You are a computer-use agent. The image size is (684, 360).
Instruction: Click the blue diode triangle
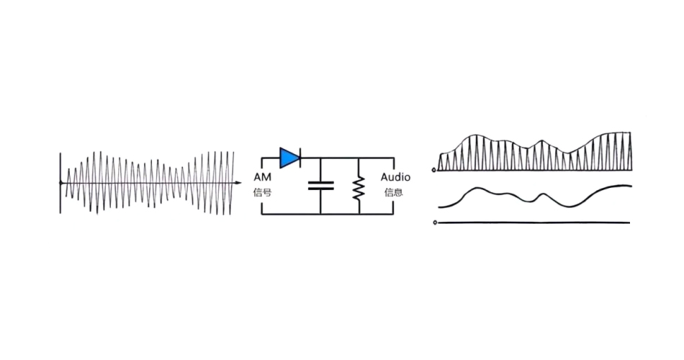[289, 158]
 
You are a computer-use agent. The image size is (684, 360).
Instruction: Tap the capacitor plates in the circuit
[320, 185]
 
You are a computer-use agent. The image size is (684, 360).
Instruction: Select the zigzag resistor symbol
[359, 187]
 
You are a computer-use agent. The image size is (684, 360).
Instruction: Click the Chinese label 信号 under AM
[261, 192]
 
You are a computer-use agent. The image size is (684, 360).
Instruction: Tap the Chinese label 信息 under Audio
[394, 192]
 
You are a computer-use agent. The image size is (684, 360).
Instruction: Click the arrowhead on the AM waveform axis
[238, 184]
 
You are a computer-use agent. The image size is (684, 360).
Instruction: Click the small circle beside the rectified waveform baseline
[434, 171]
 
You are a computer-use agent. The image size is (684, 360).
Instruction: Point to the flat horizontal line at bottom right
[533, 223]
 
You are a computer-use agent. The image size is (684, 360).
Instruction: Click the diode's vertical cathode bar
[300, 158]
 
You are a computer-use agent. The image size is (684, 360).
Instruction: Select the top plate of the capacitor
[320, 182]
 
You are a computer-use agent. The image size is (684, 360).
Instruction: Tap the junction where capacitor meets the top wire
[320, 158]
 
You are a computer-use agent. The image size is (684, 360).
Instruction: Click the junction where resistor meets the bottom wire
[359, 214]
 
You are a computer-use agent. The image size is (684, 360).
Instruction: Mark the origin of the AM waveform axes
[60, 184]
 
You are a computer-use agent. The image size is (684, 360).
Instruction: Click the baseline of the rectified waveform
[533, 171]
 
